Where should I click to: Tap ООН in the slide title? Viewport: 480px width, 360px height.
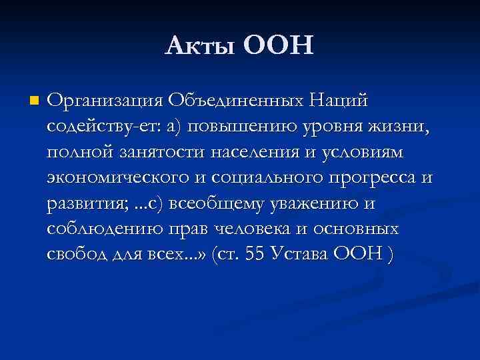point(278,46)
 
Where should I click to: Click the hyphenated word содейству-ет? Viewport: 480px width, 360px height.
point(98,127)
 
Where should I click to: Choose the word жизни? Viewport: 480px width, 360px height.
point(397,127)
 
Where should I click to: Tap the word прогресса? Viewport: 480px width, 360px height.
point(370,177)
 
